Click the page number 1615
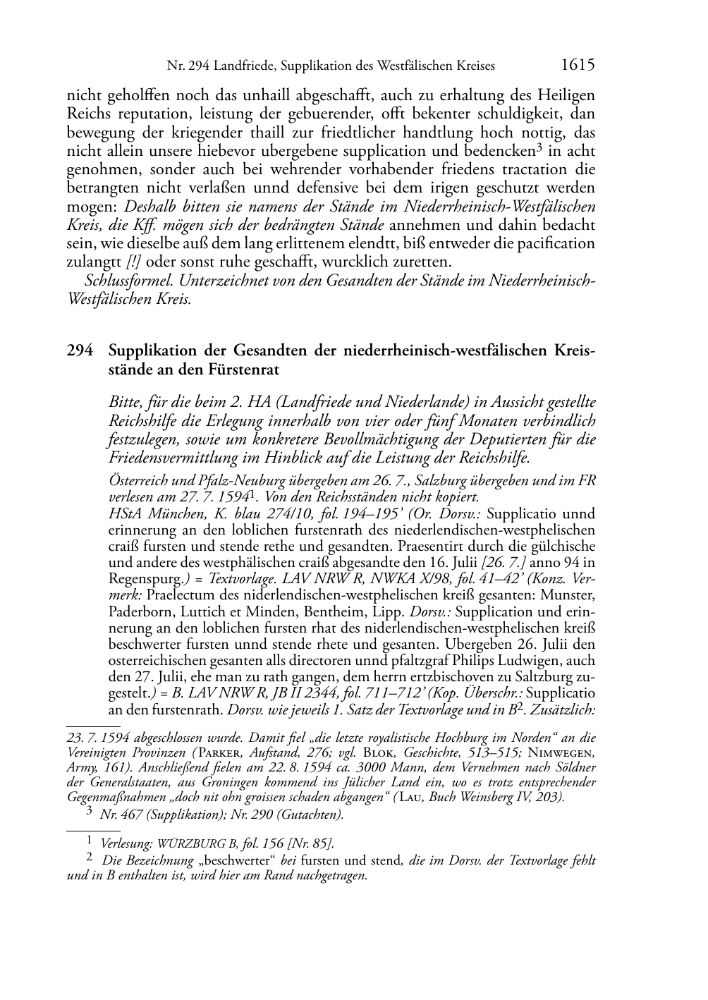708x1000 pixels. click(x=578, y=65)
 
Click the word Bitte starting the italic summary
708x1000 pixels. click(x=125, y=403)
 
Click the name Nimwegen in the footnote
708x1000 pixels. click(x=567, y=753)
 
